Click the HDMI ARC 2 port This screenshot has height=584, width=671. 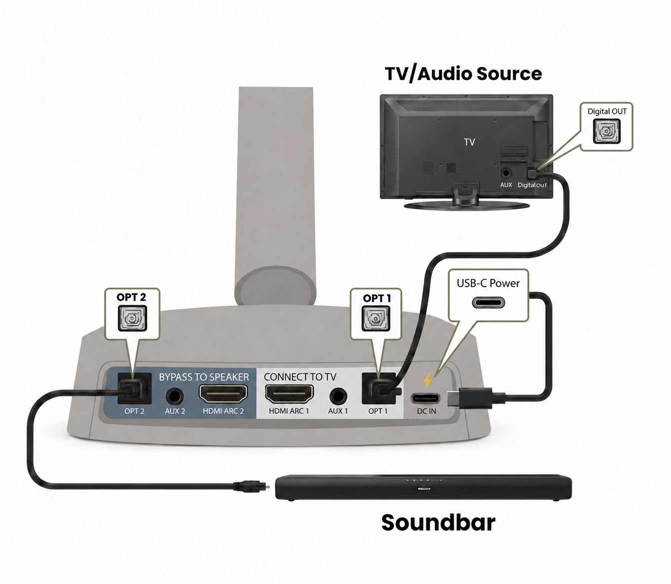(x=223, y=394)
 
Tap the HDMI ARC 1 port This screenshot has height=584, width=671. (x=289, y=394)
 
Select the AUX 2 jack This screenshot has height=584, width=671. (x=174, y=397)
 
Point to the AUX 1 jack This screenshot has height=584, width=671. (x=338, y=397)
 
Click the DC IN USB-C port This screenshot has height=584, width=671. (x=426, y=399)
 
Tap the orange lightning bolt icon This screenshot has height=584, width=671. (x=427, y=381)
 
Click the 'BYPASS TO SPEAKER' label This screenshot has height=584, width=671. (x=204, y=377)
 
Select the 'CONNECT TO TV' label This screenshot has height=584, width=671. (x=300, y=377)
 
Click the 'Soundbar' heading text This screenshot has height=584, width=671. (x=438, y=523)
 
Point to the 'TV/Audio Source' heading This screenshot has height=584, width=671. (x=463, y=73)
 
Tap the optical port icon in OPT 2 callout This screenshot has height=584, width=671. (x=132, y=318)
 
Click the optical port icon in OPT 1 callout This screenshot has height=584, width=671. (x=376, y=318)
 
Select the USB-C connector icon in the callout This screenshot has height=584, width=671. (x=488, y=302)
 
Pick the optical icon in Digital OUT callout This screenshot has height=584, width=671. (x=607, y=131)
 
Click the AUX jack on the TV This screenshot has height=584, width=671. (x=506, y=173)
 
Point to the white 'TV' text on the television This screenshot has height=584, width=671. (x=469, y=142)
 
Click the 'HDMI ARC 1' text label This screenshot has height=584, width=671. (x=289, y=411)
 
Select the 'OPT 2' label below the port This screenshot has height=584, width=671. (x=134, y=411)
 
